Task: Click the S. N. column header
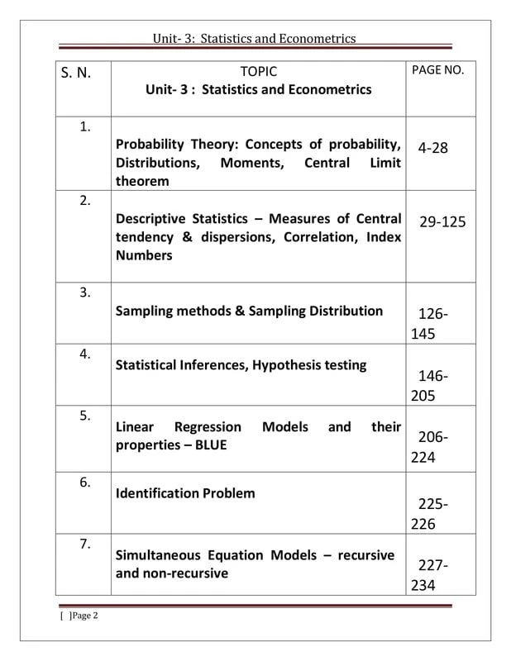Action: pos(75,73)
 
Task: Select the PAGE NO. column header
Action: pos(437,70)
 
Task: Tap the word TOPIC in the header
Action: pos(258,72)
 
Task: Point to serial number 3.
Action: pos(84,292)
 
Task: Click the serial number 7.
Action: pos(84,543)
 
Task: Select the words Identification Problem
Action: pos(185,493)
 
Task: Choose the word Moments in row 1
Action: pos(251,163)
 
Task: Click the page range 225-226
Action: pos(432,514)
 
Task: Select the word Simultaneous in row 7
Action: pos(157,555)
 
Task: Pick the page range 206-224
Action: pos(432,447)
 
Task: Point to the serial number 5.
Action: pos(84,415)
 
